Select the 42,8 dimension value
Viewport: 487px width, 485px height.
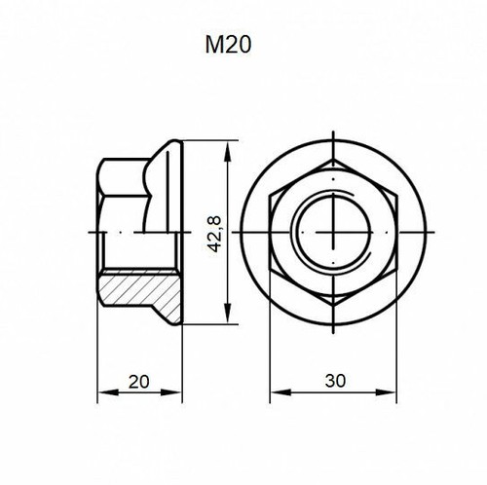[x=215, y=235]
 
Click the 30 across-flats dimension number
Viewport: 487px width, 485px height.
[x=333, y=381]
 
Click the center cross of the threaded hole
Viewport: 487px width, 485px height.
[x=333, y=234]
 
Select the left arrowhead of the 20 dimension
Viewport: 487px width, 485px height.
[x=103, y=393]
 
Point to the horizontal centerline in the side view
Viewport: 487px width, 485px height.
[x=136, y=234]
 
